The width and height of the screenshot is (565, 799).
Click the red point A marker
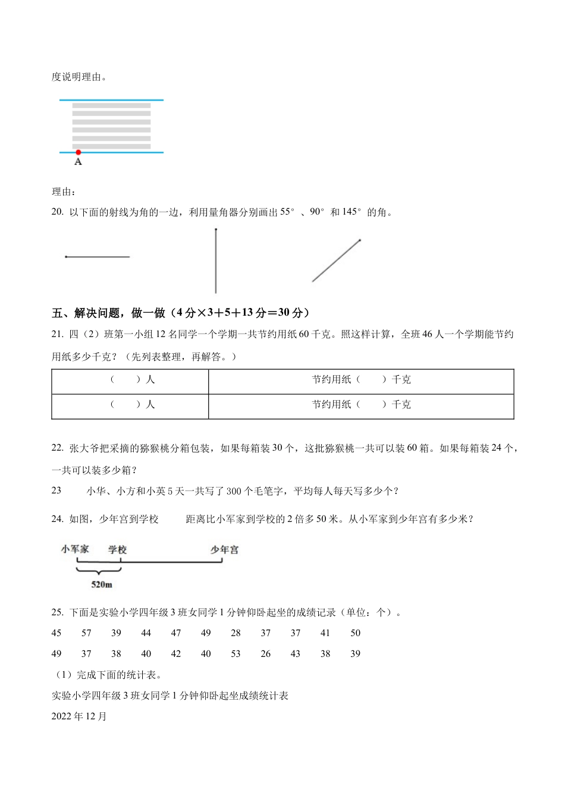(78, 153)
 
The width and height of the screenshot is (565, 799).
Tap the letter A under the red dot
(78, 162)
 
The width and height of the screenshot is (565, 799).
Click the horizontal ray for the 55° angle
(98, 257)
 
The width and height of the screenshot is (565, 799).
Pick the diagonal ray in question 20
(336, 261)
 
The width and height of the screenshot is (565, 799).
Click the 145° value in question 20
(351, 212)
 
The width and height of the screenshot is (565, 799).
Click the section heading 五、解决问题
(90, 313)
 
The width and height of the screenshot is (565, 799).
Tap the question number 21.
(57, 335)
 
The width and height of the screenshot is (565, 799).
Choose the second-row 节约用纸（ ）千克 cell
(361, 405)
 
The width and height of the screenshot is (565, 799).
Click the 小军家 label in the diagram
(75, 549)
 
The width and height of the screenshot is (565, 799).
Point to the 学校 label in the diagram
(117, 549)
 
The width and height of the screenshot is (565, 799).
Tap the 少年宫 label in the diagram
(224, 549)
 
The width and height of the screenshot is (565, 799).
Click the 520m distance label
(102, 585)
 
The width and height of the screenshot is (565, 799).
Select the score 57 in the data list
(86, 633)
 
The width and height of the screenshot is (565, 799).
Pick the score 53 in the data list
(236, 654)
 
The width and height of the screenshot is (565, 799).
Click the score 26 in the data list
(265, 654)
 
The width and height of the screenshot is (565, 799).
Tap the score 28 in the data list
(236, 633)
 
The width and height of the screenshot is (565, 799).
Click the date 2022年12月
(79, 716)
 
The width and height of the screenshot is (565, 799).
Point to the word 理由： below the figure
(64, 191)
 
